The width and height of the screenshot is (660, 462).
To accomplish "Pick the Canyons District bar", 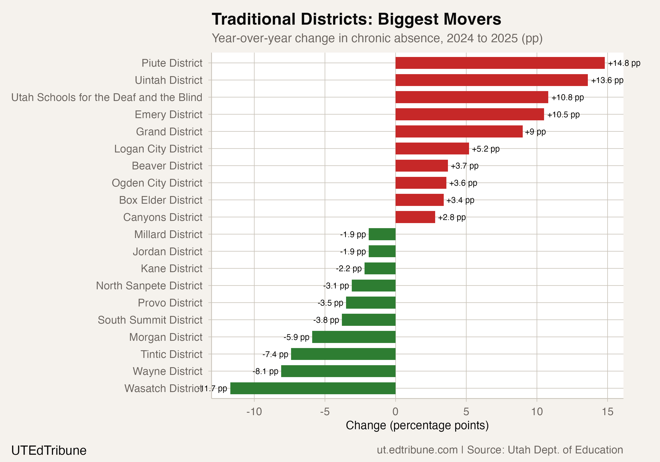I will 415,217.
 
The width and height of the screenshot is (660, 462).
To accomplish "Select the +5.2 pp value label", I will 486,149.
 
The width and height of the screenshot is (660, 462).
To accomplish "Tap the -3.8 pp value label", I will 326,320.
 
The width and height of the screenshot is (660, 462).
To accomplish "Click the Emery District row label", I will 169,114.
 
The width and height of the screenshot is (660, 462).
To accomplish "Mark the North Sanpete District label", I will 149,286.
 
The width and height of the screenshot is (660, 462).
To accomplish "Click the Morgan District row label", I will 166,337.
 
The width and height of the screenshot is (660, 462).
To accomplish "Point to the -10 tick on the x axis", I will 254,412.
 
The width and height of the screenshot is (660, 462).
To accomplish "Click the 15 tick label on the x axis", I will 607,412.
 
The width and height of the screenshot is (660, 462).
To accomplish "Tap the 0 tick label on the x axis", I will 395,412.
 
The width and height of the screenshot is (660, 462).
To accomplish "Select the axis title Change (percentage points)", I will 417,425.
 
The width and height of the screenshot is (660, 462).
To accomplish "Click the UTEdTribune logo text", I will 49,450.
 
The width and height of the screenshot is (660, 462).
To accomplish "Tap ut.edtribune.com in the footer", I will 417,450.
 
